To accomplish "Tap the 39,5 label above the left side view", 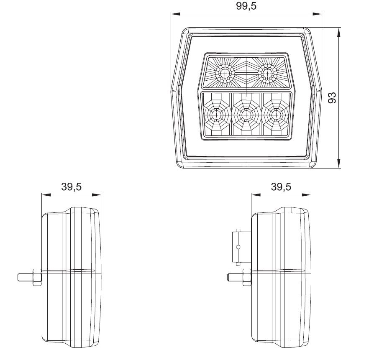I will tap(71, 187).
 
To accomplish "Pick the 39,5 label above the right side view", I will tap(281, 187).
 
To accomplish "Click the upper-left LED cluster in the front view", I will tap(226, 74).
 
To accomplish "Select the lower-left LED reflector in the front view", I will tap(216, 115).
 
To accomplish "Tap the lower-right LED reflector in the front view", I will tap(275, 115).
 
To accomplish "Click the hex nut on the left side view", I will tap(36, 277).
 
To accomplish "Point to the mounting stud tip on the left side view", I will tap(20, 277).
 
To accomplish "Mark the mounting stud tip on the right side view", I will tap(229, 277).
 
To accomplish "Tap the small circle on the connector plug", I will tap(238, 247).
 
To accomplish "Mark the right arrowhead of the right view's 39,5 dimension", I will tap(309, 195).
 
